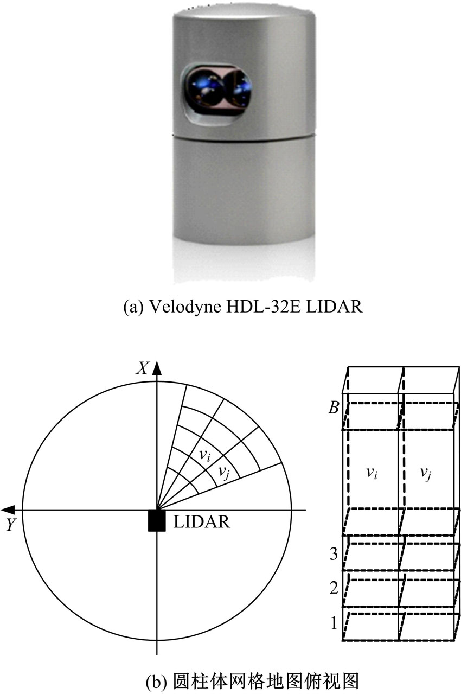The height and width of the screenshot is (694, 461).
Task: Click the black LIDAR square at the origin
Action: pyautogui.click(x=157, y=520)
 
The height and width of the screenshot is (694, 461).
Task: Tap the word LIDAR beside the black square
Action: pyautogui.click(x=202, y=522)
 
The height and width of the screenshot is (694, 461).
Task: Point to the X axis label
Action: pyautogui.click(x=143, y=368)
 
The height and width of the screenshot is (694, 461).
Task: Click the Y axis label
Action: pyautogui.click(x=11, y=525)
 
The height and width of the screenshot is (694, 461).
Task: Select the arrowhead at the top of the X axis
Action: pyautogui.click(x=157, y=368)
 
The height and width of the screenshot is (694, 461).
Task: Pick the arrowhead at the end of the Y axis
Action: pyautogui.click(x=8, y=510)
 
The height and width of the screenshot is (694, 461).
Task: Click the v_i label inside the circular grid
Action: pyautogui.click(x=204, y=455)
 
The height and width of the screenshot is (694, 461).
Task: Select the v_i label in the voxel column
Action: pyautogui.click(x=372, y=473)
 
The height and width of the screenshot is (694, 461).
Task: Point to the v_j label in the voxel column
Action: pyautogui.click(x=426, y=473)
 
